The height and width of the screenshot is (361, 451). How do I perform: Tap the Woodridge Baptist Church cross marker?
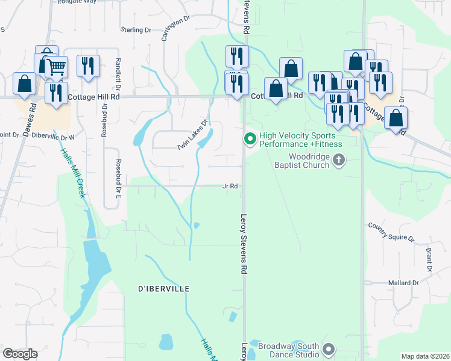pyautogui.click(x=339, y=160)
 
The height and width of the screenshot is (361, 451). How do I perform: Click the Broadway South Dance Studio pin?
pyautogui.click(x=329, y=349)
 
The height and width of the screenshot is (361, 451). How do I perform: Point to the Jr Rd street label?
pyautogui.click(x=231, y=187)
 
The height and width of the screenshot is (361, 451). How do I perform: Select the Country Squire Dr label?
pyautogui.click(x=392, y=232)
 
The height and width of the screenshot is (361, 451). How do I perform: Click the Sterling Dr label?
pyautogui.click(x=135, y=29)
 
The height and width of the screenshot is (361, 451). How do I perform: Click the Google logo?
pyautogui.click(x=20, y=354)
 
